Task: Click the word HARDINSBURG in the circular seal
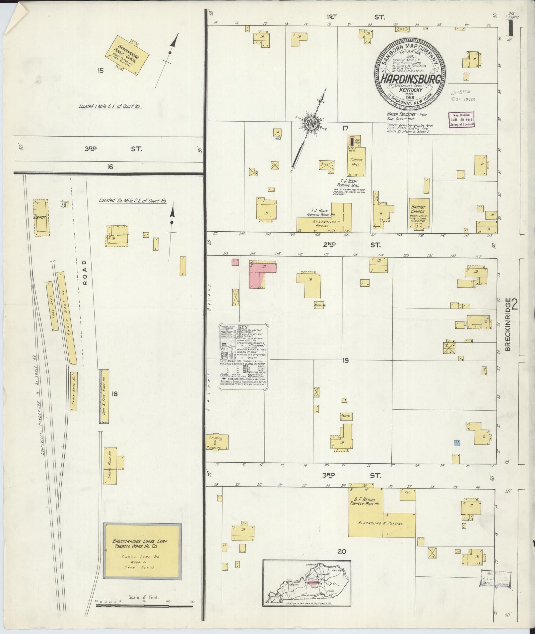pyautogui.click(x=410, y=80)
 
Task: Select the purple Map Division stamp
pyautogui.click(x=461, y=119)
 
